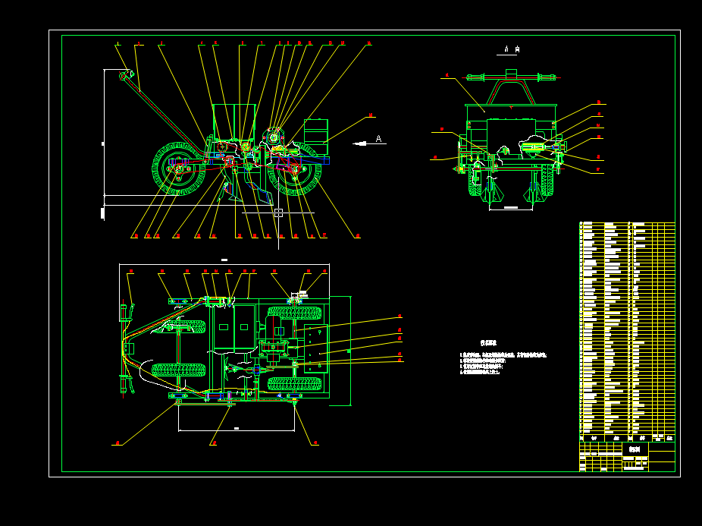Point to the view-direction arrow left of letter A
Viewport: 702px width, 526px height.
[359, 143]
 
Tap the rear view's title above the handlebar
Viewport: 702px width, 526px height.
[512, 50]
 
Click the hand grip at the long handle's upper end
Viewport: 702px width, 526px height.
[126, 75]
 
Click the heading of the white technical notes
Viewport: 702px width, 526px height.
[488, 343]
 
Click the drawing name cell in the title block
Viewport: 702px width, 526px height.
[635, 449]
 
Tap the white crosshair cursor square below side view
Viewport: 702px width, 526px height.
[278, 213]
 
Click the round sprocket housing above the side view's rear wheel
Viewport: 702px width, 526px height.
[274, 137]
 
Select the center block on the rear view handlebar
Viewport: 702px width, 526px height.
[511, 74]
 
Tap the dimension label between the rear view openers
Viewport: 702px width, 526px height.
[511, 207]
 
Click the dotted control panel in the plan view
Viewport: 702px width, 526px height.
[316, 348]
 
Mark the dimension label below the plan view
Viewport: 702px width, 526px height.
[237, 429]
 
